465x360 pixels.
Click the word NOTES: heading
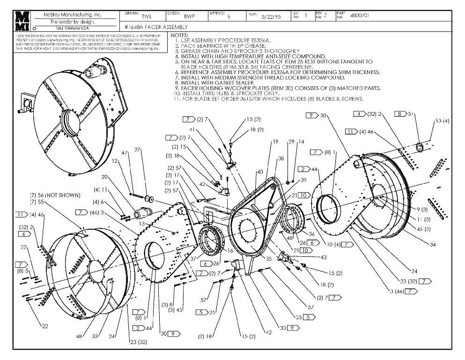(x=180, y=35)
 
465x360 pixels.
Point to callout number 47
(x=125, y=153)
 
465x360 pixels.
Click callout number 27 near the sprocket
(x=138, y=150)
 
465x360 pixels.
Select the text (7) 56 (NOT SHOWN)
(x=55, y=195)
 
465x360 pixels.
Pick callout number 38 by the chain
(x=281, y=158)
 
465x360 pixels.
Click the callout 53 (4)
(x=442, y=121)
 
